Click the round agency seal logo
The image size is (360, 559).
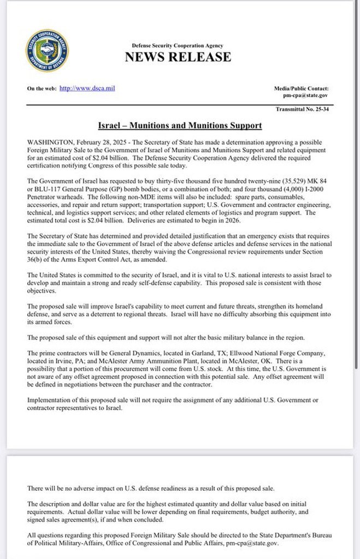(x=46, y=51)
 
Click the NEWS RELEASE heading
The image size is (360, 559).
(x=178, y=57)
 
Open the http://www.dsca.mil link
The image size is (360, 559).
(x=87, y=88)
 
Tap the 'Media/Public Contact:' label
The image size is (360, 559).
(x=301, y=88)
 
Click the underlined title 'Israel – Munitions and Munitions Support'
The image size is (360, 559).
(x=180, y=126)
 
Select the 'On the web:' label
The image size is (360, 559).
(x=42, y=88)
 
